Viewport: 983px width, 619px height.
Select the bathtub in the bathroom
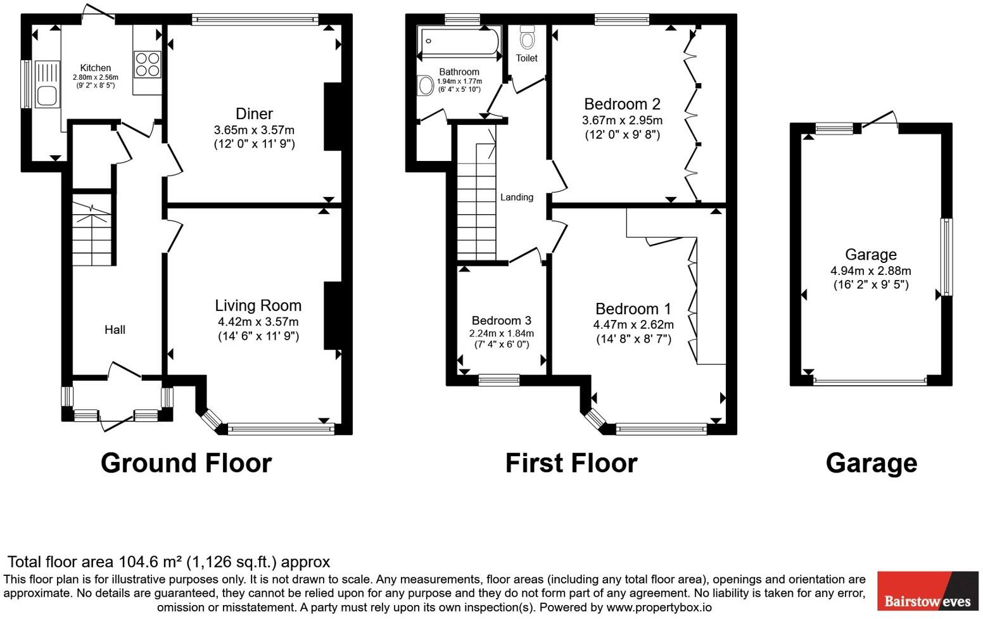(459, 41)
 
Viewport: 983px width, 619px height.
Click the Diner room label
(254, 114)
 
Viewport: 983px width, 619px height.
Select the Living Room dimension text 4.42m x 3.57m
(258, 322)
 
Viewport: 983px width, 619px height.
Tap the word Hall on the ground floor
(115, 329)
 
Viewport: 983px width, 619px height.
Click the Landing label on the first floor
(516, 197)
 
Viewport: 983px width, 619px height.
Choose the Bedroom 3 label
(501, 321)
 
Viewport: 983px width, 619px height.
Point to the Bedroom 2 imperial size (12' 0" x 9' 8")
(622, 134)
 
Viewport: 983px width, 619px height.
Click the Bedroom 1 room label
(633, 309)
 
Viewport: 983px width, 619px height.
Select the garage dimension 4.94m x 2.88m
(870, 271)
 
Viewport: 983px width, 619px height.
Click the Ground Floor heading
(186, 463)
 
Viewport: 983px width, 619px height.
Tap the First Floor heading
(571, 463)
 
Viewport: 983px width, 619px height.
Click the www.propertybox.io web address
(659, 607)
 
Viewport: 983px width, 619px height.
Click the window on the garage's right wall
(946, 257)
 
